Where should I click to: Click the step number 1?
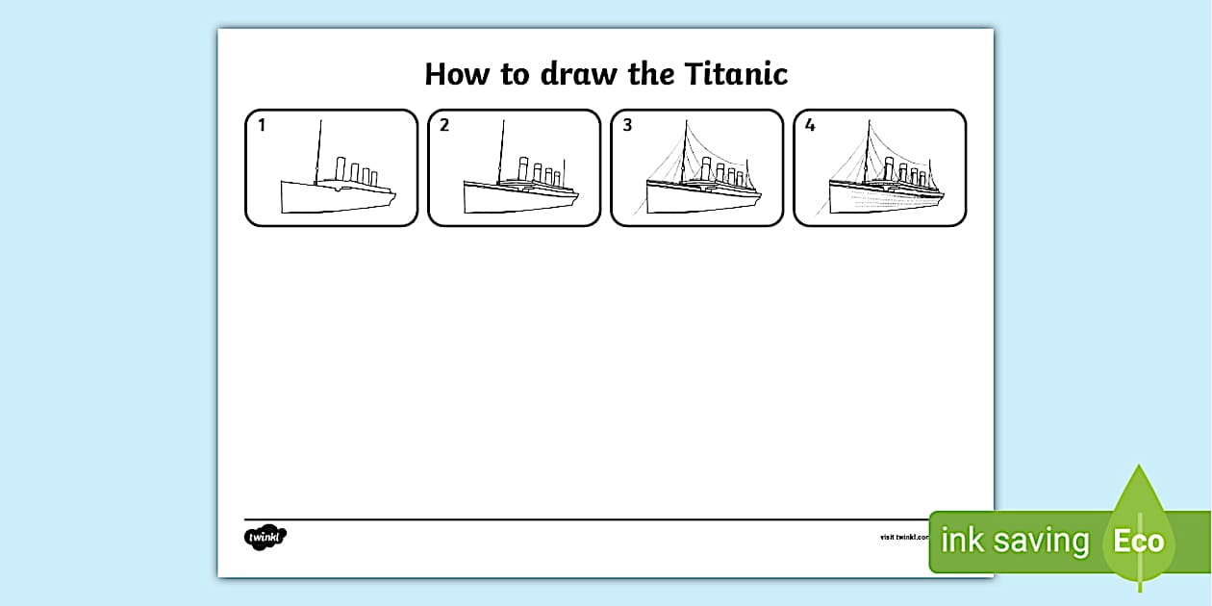(261, 125)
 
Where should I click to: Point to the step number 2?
(443, 125)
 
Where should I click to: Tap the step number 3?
(626, 125)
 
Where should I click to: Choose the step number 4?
(809, 125)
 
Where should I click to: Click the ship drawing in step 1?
(337, 192)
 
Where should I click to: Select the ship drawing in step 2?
(519, 192)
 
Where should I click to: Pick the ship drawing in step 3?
(702, 192)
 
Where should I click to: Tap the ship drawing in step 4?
(885, 192)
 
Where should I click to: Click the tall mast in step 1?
(318, 149)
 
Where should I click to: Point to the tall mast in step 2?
(501, 149)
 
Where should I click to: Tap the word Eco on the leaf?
(1138, 541)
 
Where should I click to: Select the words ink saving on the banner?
(1014, 541)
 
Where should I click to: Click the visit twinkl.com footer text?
(904, 537)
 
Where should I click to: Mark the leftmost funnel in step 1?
(341, 168)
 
